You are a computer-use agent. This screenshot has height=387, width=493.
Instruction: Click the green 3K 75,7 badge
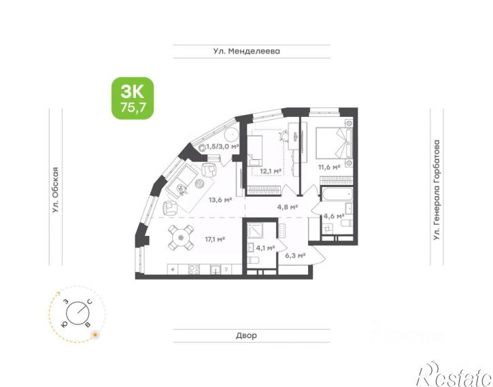(x=133, y=98)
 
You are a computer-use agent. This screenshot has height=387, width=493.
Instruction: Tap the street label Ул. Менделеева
(x=246, y=51)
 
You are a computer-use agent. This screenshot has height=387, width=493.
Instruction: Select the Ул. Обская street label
(x=56, y=190)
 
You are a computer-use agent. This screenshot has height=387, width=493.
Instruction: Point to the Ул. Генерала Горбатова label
(x=437, y=190)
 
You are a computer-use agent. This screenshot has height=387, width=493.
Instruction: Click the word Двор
(x=246, y=335)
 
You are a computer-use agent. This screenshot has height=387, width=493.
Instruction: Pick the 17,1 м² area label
(x=215, y=239)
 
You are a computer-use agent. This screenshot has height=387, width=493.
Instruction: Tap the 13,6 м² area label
(x=220, y=200)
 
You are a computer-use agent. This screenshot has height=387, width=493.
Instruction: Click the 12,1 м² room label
(x=271, y=171)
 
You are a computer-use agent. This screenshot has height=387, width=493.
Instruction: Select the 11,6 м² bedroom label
(x=329, y=167)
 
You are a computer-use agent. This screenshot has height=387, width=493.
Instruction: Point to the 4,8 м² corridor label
(x=288, y=207)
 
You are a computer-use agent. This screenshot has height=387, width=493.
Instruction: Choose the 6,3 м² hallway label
(x=296, y=256)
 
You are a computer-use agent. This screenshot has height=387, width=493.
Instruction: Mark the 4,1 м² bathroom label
(x=265, y=248)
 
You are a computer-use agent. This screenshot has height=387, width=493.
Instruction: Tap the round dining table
(x=180, y=237)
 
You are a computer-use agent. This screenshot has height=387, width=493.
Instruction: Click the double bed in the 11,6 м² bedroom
(x=334, y=143)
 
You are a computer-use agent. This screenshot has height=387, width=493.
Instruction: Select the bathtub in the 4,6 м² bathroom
(x=337, y=194)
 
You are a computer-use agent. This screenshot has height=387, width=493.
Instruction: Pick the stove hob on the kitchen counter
(x=194, y=269)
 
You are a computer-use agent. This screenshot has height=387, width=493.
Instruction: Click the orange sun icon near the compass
(x=95, y=335)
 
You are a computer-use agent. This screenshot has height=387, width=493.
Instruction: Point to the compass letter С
(x=90, y=303)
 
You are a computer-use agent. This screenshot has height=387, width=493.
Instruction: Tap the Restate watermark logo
(x=454, y=375)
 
